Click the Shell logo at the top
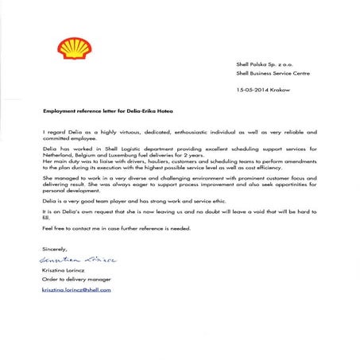pos(74,48)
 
